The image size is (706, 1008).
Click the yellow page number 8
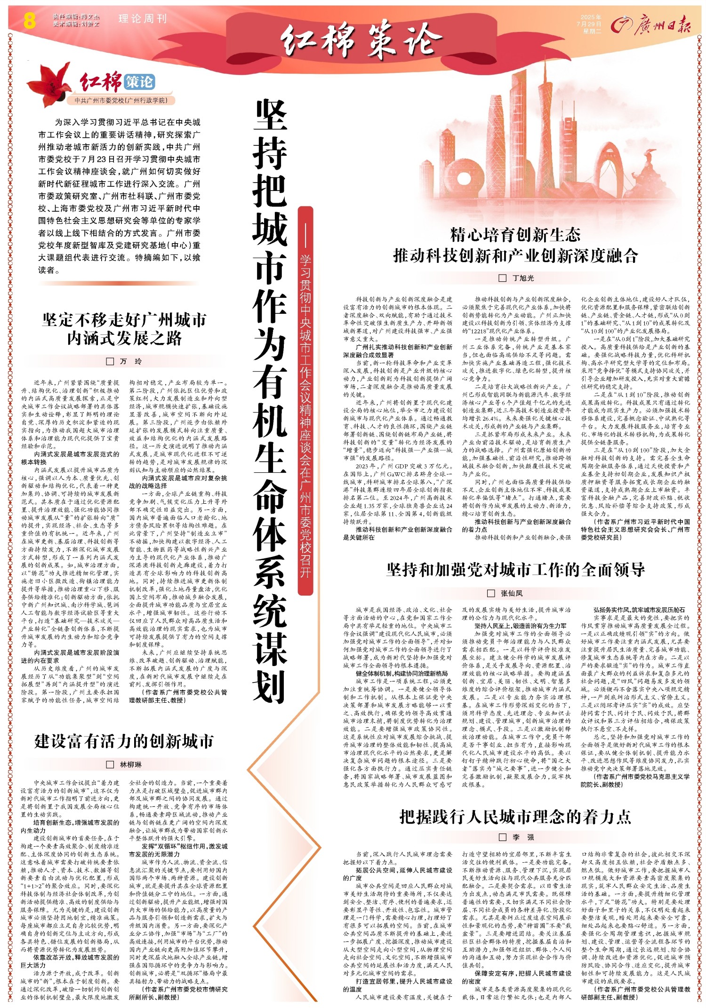(x=29, y=21)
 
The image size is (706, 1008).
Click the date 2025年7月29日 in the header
(x=592, y=21)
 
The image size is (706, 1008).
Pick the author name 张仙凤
(x=512, y=593)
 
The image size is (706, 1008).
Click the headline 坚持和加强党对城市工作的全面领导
(x=515, y=570)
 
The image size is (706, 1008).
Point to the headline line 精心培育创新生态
(x=515, y=234)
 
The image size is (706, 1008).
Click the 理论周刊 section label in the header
(x=143, y=19)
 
